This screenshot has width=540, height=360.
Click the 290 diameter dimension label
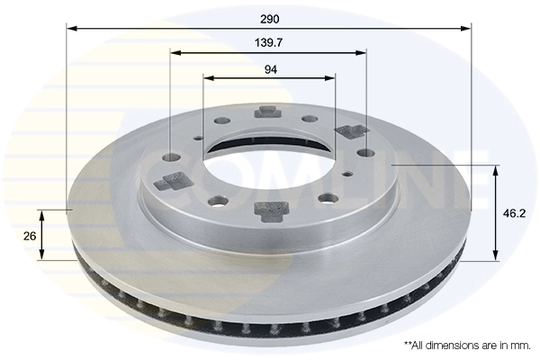(x=269, y=18)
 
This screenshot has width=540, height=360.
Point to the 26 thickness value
(x=29, y=236)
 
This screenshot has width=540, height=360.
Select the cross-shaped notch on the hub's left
(x=168, y=184)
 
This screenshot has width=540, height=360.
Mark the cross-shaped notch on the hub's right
(x=350, y=132)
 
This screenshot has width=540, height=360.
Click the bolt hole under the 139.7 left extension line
(x=172, y=158)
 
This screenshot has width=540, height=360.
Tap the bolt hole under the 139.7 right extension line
(x=364, y=152)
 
